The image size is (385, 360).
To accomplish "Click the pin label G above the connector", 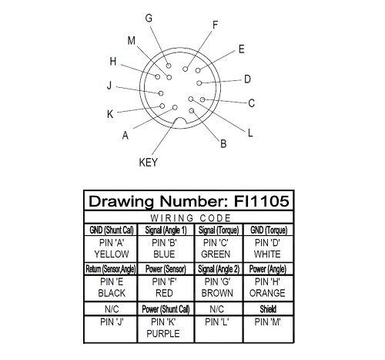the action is pyautogui.click(x=149, y=19).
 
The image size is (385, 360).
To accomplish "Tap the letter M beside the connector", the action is pyautogui.click(x=132, y=41).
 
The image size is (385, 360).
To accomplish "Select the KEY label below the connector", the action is pyautogui.click(x=148, y=163).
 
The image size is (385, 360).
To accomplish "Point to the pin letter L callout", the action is pyautogui.click(x=250, y=133).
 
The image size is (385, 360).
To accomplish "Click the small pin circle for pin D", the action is pyautogui.click(x=199, y=83).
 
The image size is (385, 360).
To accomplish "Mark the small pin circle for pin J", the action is pyautogui.click(x=161, y=93).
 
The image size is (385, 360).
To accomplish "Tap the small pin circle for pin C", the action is pyautogui.click(x=203, y=99).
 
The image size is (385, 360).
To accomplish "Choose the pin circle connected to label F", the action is pyautogui.click(x=186, y=69).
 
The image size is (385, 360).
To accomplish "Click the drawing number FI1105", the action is pyautogui.click(x=262, y=201).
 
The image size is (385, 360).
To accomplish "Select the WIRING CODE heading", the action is pyautogui.click(x=190, y=218).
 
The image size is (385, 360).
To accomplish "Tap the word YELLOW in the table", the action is pyautogui.click(x=112, y=254).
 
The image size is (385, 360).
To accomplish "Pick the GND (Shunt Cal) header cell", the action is pyautogui.click(x=112, y=230).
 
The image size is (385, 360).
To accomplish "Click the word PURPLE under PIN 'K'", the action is pyautogui.click(x=163, y=334).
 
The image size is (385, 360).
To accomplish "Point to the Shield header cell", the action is pyautogui.click(x=268, y=309).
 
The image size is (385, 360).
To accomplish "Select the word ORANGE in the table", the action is pyautogui.click(x=267, y=293).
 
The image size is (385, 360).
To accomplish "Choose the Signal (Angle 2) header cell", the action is pyautogui.click(x=219, y=269).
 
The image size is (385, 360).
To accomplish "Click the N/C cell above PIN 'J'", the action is pyautogui.click(x=112, y=309).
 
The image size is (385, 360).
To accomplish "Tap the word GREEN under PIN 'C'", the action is pyautogui.click(x=216, y=254).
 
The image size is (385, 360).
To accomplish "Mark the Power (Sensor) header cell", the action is pyautogui.click(x=166, y=269).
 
